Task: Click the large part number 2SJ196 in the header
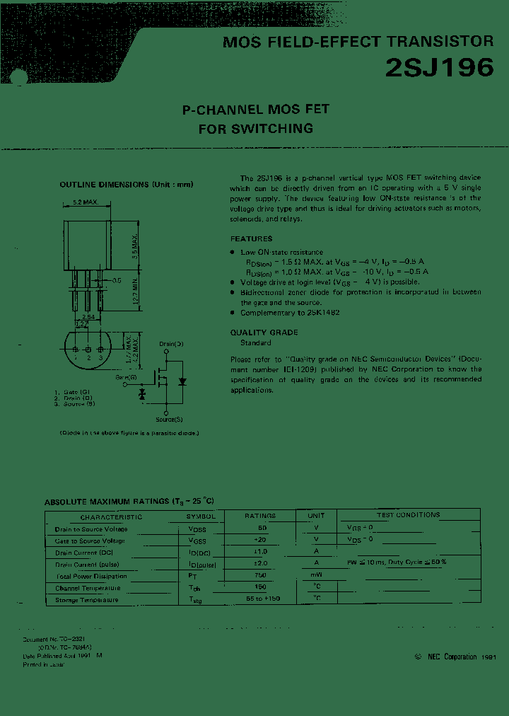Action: coord(439,67)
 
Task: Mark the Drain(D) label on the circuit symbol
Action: coord(171,343)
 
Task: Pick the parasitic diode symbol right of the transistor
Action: coord(182,381)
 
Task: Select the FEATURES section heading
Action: coord(251,239)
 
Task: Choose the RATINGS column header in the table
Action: coord(260,516)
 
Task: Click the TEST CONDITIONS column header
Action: coord(408,515)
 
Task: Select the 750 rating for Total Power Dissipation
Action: coord(260,576)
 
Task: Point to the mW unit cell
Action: coord(316,576)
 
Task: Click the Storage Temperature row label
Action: coord(87,600)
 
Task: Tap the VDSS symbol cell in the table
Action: coord(197,529)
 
